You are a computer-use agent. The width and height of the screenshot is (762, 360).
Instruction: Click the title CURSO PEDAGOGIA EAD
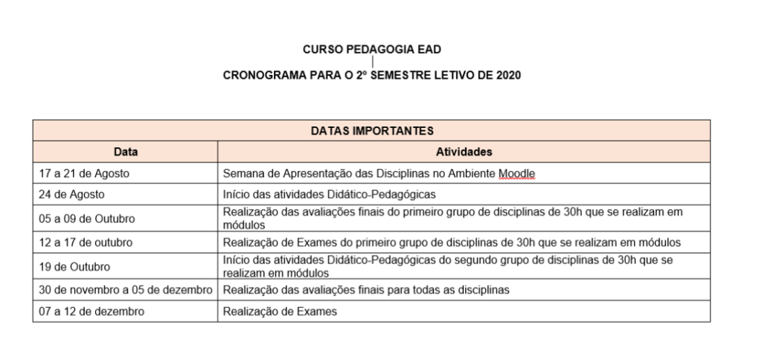(x=371, y=50)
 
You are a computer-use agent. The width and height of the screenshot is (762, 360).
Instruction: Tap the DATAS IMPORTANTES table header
(x=371, y=131)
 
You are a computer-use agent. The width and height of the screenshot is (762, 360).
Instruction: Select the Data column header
(x=125, y=152)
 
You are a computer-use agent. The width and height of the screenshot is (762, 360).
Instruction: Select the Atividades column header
(x=463, y=152)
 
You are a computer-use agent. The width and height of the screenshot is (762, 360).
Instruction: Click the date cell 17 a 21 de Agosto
(x=84, y=173)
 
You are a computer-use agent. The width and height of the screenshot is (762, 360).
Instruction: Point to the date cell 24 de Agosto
(x=71, y=194)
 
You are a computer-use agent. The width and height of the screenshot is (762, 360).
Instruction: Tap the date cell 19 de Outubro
(x=74, y=266)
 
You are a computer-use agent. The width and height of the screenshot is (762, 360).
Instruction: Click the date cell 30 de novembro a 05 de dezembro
(x=126, y=290)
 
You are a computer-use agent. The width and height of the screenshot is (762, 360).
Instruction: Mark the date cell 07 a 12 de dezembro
(x=92, y=312)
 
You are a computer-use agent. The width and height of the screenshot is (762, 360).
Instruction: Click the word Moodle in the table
(x=518, y=173)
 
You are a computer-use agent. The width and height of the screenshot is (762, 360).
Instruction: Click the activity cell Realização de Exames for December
(x=280, y=312)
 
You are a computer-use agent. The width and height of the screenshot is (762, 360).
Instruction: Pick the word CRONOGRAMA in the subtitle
(x=258, y=76)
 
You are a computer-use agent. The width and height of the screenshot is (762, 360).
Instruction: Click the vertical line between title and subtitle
(x=371, y=62)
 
